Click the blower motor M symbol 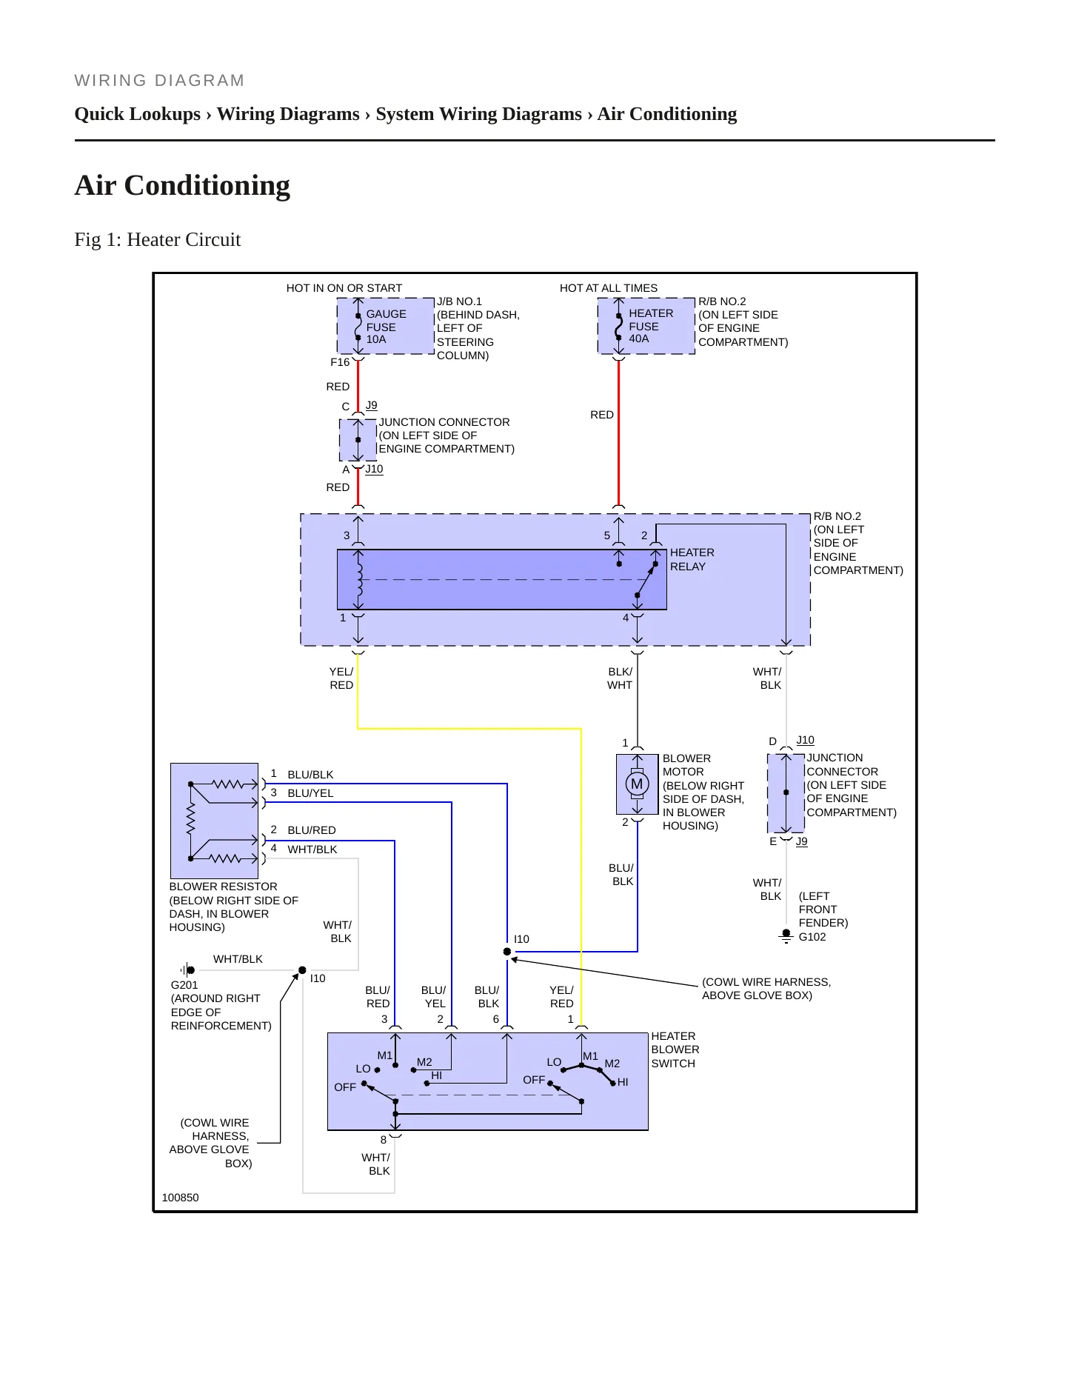tap(637, 784)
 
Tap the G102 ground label tap(812, 937)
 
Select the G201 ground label tap(184, 985)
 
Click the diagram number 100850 tap(180, 1198)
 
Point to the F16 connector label tap(340, 362)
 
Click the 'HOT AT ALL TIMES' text tap(609, 288)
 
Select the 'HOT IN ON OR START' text tap(344, 288)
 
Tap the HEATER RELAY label tap(692, 559)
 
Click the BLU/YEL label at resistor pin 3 tap(310, 793)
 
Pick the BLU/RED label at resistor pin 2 tap(312, 830)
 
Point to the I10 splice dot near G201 tap(302, 970)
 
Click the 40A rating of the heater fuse tap(639, 338)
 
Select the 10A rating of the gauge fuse tap(376, 339)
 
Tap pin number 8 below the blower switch tap(384, 1140)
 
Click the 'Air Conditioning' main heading tap(182, 185)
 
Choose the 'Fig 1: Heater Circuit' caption tap(158, 239)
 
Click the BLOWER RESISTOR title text tap(224, 887)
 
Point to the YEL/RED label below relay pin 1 tap(341, 678)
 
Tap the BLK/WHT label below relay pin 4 tap(620, 678)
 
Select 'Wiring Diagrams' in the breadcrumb tap(288, 114)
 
